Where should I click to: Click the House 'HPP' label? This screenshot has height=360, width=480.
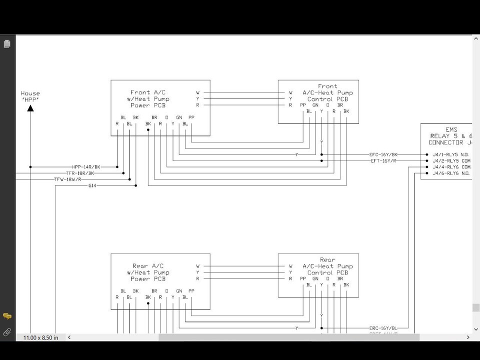[x=30, y=96]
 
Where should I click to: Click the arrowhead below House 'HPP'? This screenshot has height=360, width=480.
[x=30, y=107]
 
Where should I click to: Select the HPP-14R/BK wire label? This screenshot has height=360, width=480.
[x=86, y=167]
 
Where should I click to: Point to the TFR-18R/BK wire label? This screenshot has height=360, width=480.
[x=80, y=173]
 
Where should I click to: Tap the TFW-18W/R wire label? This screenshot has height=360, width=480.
[x=68, y=179]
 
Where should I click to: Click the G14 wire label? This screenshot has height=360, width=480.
[x=92, y=185]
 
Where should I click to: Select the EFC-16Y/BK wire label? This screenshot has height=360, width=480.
[x=383, y=155]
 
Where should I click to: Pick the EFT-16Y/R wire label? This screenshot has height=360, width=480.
[x=383, y=161]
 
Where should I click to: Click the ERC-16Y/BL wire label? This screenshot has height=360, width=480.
[x=383, y=328]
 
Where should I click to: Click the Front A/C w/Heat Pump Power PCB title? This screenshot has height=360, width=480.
[x=147, y=99]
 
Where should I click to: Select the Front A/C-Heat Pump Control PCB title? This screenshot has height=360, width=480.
[x=327, y=93]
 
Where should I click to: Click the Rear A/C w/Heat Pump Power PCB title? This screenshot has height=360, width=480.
[x=147, y=272]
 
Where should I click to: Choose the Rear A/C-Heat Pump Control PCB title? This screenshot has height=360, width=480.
[x=327, y=266]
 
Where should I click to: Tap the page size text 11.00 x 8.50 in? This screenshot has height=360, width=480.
[x=40, y=337]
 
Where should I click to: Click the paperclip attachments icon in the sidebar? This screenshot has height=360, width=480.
[x=7, y=331]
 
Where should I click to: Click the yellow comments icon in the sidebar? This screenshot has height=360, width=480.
[x=7, y=316]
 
